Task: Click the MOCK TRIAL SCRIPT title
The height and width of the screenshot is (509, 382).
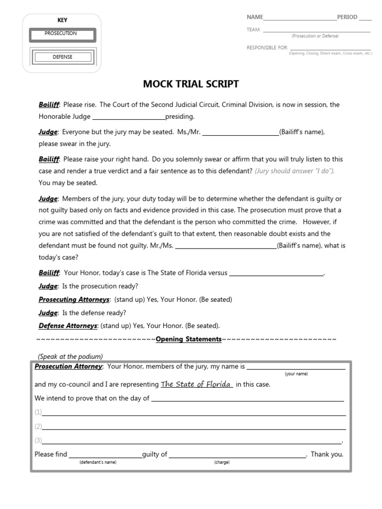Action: coord(191,84)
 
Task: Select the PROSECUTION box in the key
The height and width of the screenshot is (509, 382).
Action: coord(62,34)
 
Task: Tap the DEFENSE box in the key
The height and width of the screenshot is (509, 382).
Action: coord(63,57)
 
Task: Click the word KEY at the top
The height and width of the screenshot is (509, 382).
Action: coord(62,20)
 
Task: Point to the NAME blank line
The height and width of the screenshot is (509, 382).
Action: coord(300,19)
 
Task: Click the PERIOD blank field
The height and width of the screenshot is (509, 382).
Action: coord(365,19)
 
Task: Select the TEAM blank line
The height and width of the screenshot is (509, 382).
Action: coord(316,31)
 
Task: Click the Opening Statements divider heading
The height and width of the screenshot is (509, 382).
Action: coord(189,339)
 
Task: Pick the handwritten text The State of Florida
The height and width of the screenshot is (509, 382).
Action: coord(196,384)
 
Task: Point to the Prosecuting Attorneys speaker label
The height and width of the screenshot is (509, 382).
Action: coord(74,300)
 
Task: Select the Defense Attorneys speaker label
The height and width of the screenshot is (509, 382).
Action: coord(68,326)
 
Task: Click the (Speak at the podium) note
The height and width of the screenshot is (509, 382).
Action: coord(70,356)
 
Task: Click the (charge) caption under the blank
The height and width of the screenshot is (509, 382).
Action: coord(222,462)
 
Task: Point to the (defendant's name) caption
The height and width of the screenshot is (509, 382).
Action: coord(97,462)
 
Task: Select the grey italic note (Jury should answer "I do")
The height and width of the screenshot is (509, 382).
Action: coord(295,171)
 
